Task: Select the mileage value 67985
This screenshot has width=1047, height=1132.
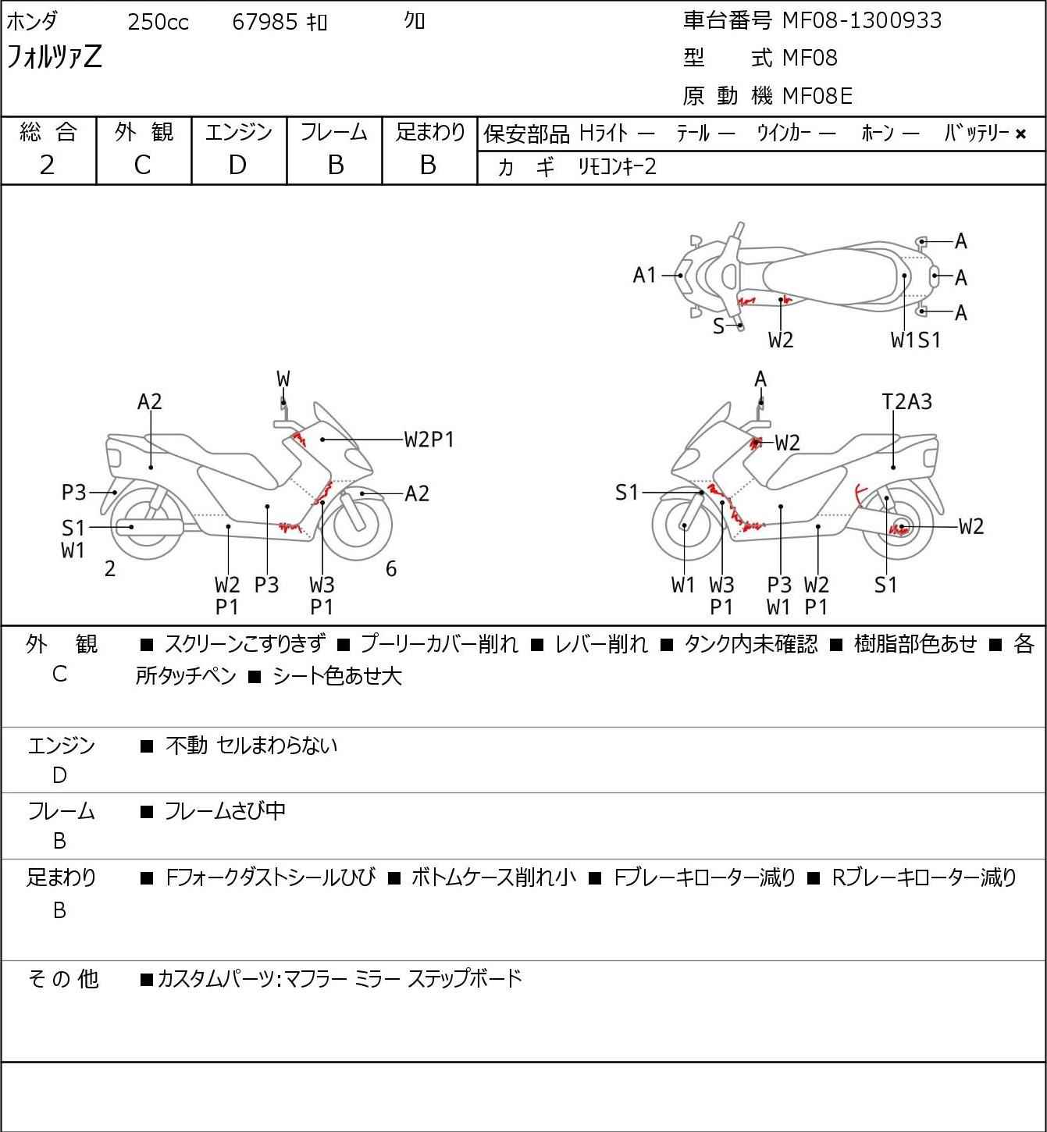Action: coord(265,23)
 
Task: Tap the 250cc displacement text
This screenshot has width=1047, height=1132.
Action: coord(158,23)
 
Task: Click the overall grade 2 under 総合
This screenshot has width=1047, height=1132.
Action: coord(48,165)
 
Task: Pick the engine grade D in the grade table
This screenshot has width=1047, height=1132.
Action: coord(237,165)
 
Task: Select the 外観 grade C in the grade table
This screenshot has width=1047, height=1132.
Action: coord(142,165)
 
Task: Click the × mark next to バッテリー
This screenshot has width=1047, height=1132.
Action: coord(1020,134)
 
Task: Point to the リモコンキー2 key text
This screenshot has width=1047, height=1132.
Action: coord(617,167)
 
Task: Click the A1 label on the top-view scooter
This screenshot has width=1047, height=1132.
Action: coord(645,275)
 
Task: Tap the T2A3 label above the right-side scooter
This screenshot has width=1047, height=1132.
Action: coord(906,401)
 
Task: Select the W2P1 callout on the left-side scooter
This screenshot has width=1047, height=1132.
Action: coord(429,440)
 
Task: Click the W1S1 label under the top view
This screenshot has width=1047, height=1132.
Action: coord(915,340)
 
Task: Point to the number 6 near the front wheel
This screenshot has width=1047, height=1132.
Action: coord(391,569)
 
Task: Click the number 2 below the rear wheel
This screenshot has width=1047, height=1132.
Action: coord(110,569)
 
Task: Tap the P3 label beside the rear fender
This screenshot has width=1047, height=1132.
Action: coord(73,493)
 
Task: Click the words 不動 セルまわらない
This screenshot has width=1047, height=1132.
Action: coord(251,746)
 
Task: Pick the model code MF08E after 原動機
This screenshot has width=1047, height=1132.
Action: coord(817,96)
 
